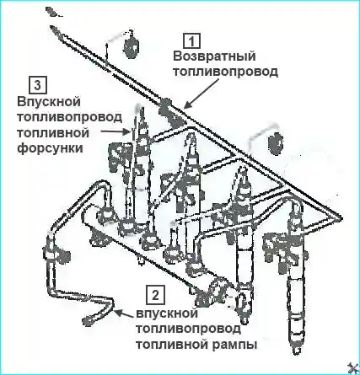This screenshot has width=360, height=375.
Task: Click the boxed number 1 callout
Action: (x=192, y=41)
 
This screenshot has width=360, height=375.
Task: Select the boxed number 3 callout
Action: (x=38, y=85)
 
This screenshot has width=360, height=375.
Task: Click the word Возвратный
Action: (x=214, y=56)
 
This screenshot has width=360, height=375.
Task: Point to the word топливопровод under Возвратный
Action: (x=225, y=72)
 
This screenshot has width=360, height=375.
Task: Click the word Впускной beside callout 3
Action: (x=49, y=101)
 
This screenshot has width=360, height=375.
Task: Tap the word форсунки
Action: (x=51, y=147)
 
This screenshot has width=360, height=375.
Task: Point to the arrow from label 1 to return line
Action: (x=201, y=94)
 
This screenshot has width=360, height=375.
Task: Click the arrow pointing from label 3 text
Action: (x=116, y=131)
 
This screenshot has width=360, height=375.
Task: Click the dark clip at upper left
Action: (x=132, y=45)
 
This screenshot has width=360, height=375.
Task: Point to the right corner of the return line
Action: (x=341, y=218)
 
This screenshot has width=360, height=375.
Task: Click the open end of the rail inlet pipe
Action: (x=87, y=321)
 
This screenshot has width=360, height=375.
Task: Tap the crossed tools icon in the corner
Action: (x=352, y=368)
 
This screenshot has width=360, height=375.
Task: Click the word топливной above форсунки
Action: (x=53, y=132)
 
